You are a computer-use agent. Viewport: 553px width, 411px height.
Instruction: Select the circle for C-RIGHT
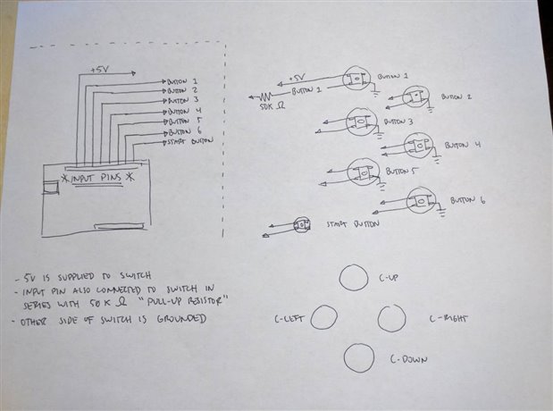[x=390, y=318]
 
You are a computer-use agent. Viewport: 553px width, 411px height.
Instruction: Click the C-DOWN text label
[x=407, y=360]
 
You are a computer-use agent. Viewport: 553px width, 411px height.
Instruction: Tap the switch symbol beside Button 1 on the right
[x=356, y=78]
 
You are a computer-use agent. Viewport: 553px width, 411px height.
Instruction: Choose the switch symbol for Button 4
[x=416, y=145]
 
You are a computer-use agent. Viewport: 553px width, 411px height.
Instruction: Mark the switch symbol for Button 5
[x=363, y=171]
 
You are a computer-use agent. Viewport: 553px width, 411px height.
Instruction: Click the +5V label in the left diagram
[x=100, y=70]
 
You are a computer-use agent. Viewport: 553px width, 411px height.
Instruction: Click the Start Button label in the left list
[x=189, y=141]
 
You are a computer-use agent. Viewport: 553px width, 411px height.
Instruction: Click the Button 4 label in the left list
[x=182, y=112]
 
